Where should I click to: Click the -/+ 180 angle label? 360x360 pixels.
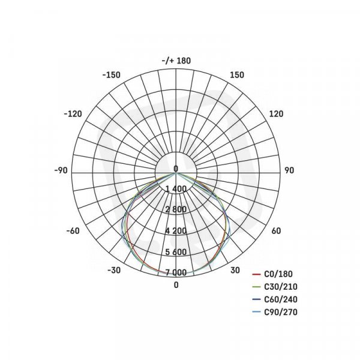coord(176,61)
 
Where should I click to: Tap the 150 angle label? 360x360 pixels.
coord(237,75)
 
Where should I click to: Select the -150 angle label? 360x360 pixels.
coord(111,75)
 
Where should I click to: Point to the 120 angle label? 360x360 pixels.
coord(276,114)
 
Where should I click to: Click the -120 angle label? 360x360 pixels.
coord(73,114)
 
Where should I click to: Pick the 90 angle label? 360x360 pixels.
coord(289,170)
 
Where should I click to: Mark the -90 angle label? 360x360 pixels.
coord(61,170)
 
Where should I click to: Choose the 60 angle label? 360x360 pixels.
coord(276,231)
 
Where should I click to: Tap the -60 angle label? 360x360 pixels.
coord(73,231)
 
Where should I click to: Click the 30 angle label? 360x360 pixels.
coord(235,270)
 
